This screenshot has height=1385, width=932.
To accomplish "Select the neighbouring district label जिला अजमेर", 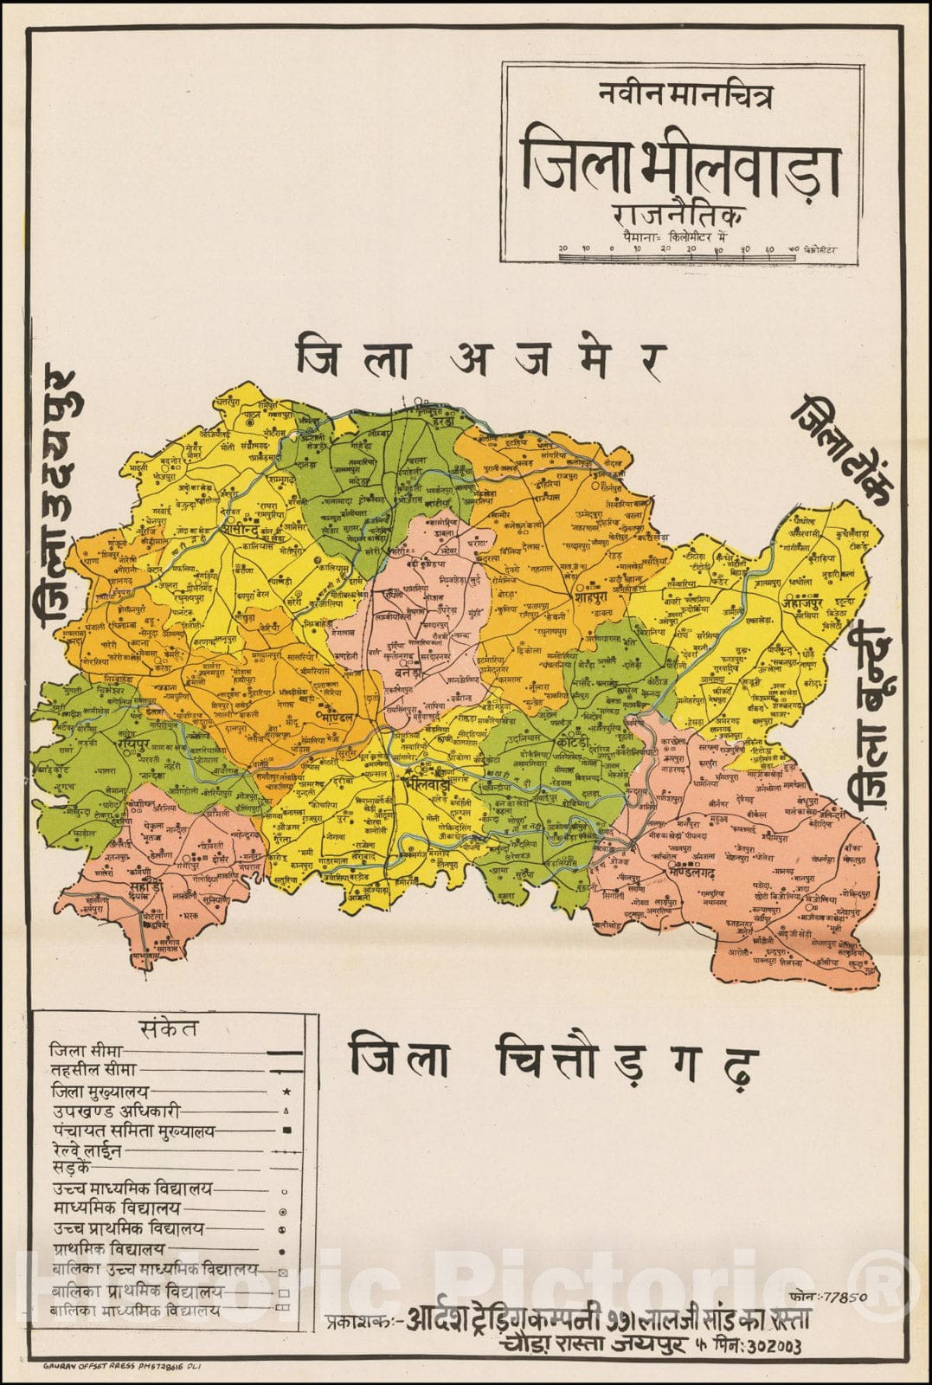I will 481,358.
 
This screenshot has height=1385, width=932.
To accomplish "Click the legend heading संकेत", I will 168,1027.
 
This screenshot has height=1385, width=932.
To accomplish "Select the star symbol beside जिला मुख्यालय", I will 286,1093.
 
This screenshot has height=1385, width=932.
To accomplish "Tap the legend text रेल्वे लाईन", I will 86,1151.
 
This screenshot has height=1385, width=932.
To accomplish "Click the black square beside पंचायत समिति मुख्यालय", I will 286,1131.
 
